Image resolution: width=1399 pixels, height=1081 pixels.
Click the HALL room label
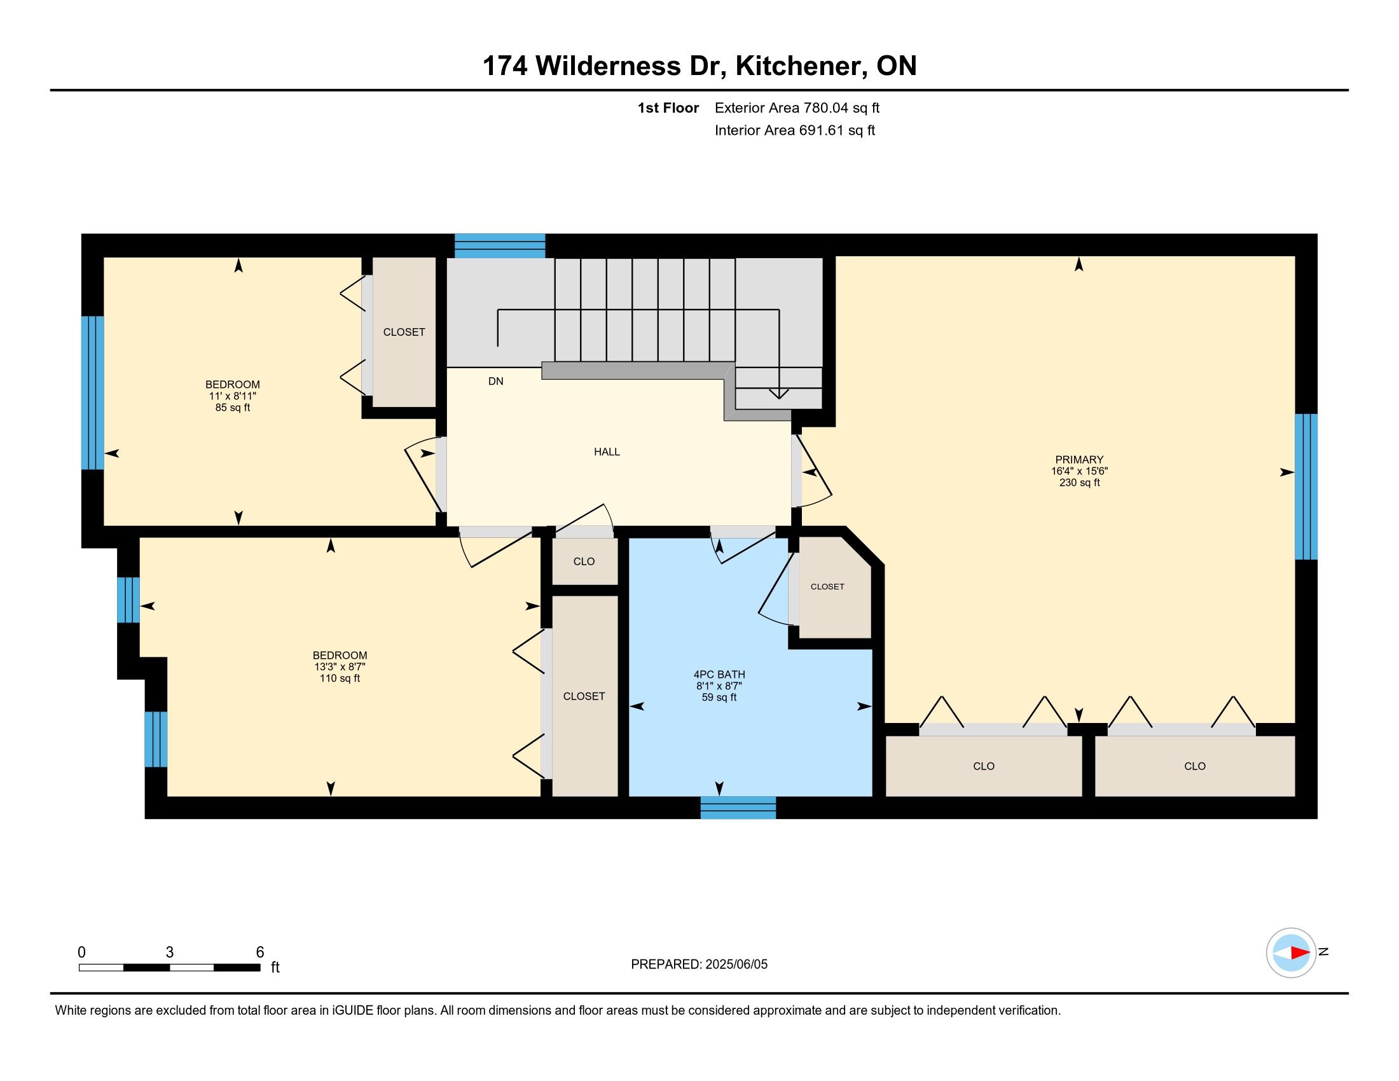pos(607,452)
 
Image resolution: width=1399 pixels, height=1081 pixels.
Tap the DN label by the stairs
pos(496,382)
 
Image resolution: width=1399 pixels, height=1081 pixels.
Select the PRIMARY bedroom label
pos(1079,460)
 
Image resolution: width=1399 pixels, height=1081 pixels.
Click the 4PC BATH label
pos(719,674)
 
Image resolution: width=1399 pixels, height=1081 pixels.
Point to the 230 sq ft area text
pos(1079,483)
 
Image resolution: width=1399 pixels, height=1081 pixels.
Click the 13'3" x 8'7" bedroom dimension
pos(340,666)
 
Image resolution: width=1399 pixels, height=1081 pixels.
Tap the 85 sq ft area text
pos(233,408)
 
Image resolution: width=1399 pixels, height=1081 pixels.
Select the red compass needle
pos(1300,953)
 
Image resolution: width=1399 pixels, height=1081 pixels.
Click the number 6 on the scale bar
pos(260,953)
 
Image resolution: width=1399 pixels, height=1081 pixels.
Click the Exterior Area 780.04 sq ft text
pos(797,108)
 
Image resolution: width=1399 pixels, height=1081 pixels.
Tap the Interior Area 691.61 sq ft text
pos(795,130)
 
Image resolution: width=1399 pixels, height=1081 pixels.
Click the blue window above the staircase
pos(500,246)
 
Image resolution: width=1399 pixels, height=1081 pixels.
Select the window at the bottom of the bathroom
pos(738,808)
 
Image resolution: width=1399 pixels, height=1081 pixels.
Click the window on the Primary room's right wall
pos(1306,486)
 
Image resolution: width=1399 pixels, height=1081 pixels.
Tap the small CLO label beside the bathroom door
pos(584,561)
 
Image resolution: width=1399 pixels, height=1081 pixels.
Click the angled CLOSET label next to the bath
pos(827,587)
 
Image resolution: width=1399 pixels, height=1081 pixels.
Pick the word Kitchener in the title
pos(801,66)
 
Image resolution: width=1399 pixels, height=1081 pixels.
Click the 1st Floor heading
pos(668,108)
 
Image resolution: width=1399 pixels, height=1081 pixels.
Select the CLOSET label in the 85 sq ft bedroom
pos(404,333)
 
